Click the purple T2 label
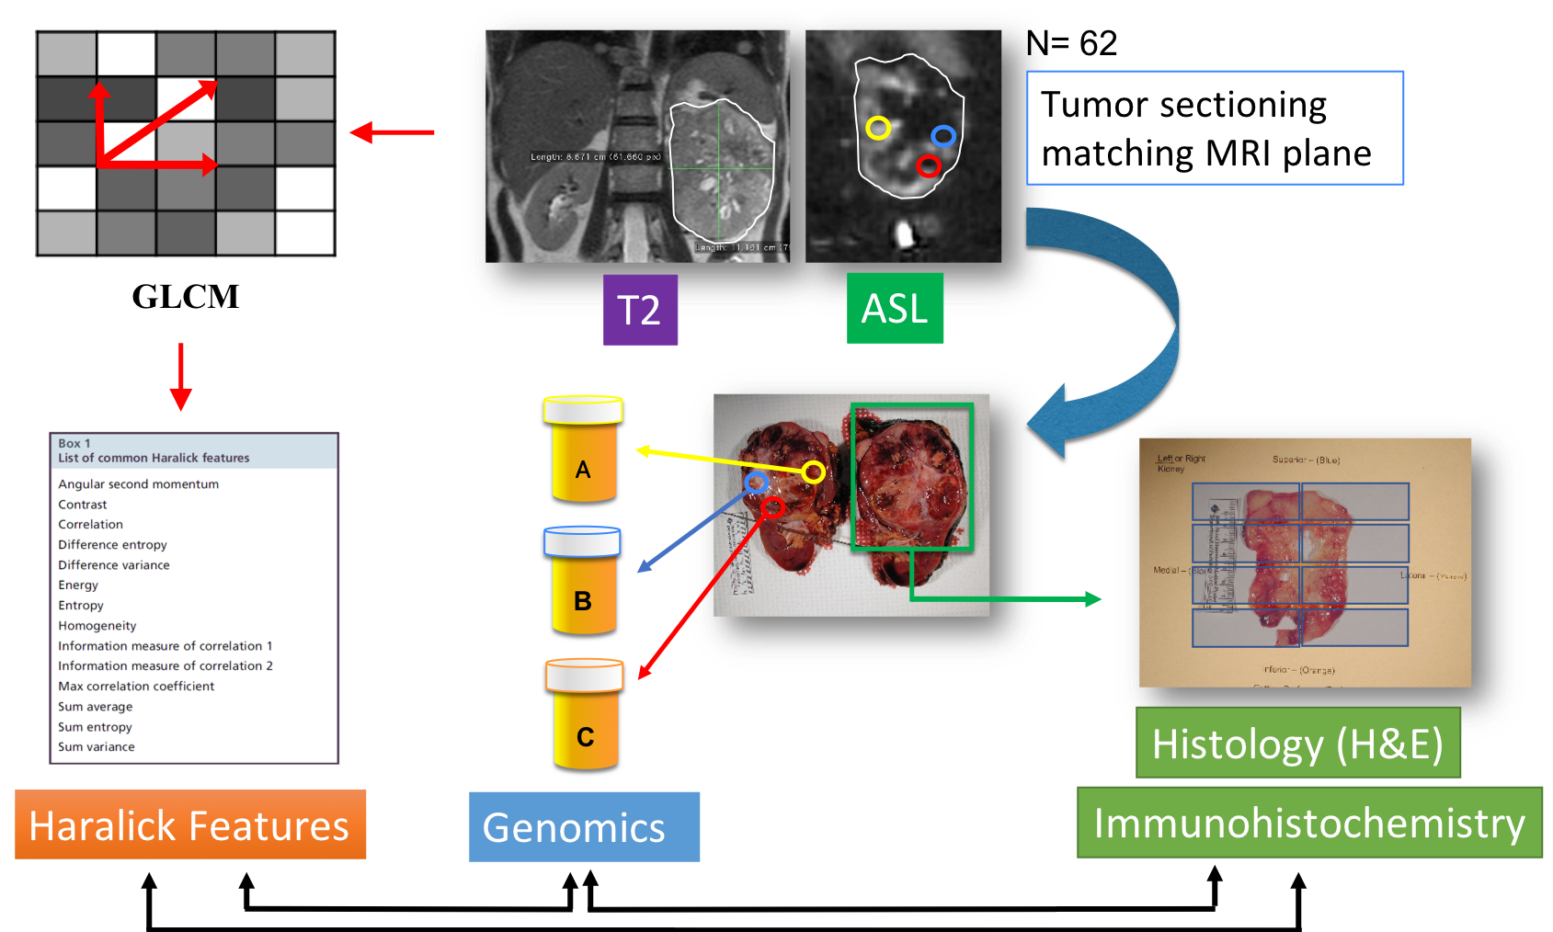click(x=640, y=310)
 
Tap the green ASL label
click(x=895, y=308)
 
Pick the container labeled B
click(x=583, y=580)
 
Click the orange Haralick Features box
click(x=190, y=824)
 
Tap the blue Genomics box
click(x=584, y=826)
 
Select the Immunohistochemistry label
click(x=1309, y=823)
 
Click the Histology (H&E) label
click(x=1297, y=743)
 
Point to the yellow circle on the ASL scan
click(x=878, y=128)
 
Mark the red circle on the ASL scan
click(x=929, y=166)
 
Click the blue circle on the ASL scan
click(x=943, y=137)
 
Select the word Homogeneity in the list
click(x=97, y=626)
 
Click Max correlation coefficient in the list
click(x=136, y=687)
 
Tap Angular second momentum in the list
click(x=139, y=484)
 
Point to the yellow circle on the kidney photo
click(x=814, y=472)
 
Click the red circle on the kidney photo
click(x=772, y=507)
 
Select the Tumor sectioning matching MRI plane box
click(x=1215, y=128)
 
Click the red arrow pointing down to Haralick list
click(x=181, y=377)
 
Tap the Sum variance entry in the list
click(x=97, y=747)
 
